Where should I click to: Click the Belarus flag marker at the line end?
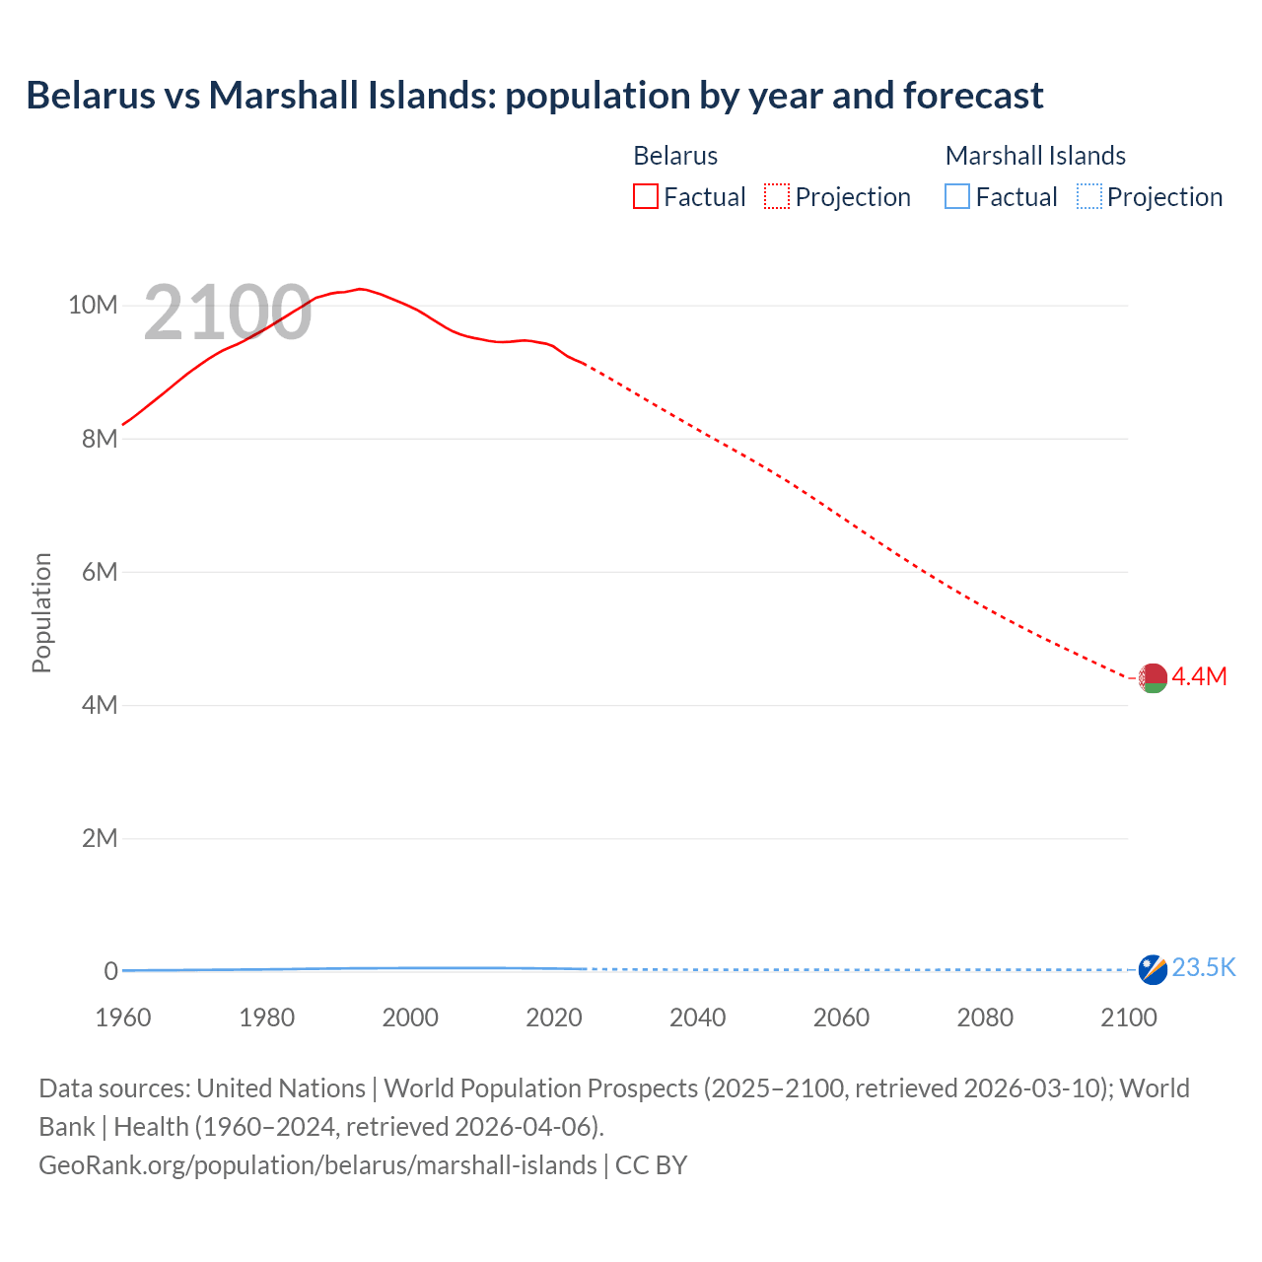click(1153, 678)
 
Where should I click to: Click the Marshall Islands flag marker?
click(1153, 969)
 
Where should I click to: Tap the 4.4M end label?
click(1199, 676)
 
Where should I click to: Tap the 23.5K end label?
click(1204, 967)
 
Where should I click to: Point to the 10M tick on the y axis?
click(93, 306)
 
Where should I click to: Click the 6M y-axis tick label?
click(100, 572)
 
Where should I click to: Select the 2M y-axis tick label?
click(100, 838)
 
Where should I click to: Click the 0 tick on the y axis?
click(110, 971)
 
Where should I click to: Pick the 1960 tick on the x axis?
click(123, 1017)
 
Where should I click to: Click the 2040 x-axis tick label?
click(697, 1017)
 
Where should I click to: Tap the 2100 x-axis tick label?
click(1128, 1017)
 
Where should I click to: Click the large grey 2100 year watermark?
click(228, 314)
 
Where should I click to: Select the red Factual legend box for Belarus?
click(645, 196)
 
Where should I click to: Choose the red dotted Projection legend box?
click(777, 196)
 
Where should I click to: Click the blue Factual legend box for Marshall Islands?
click(957, 196)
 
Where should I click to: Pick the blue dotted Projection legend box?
click(1089, 196)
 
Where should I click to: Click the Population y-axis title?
click(41, 612)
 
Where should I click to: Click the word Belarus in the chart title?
click(91, 96)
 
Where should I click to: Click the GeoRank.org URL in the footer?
click(317, 1165)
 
